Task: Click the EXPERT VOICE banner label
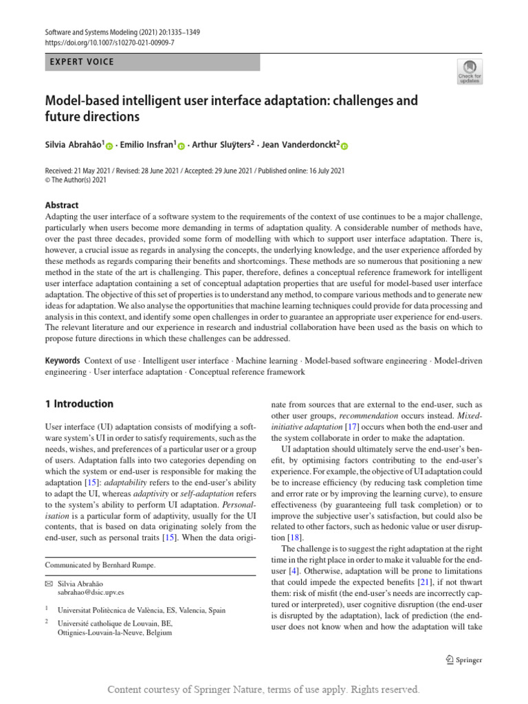(82, 62)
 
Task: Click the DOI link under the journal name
(110, 43)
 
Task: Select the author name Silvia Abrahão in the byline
(74, 145)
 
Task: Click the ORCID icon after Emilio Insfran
(181, 146)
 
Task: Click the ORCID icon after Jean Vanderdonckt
(344, 146)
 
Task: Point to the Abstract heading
(62, 205)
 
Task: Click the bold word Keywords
(63, 361)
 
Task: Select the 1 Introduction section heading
(79, 404)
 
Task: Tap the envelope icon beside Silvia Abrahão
(48, 582)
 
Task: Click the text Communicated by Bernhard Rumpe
(100, 565)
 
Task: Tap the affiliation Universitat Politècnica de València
(141, 610)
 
